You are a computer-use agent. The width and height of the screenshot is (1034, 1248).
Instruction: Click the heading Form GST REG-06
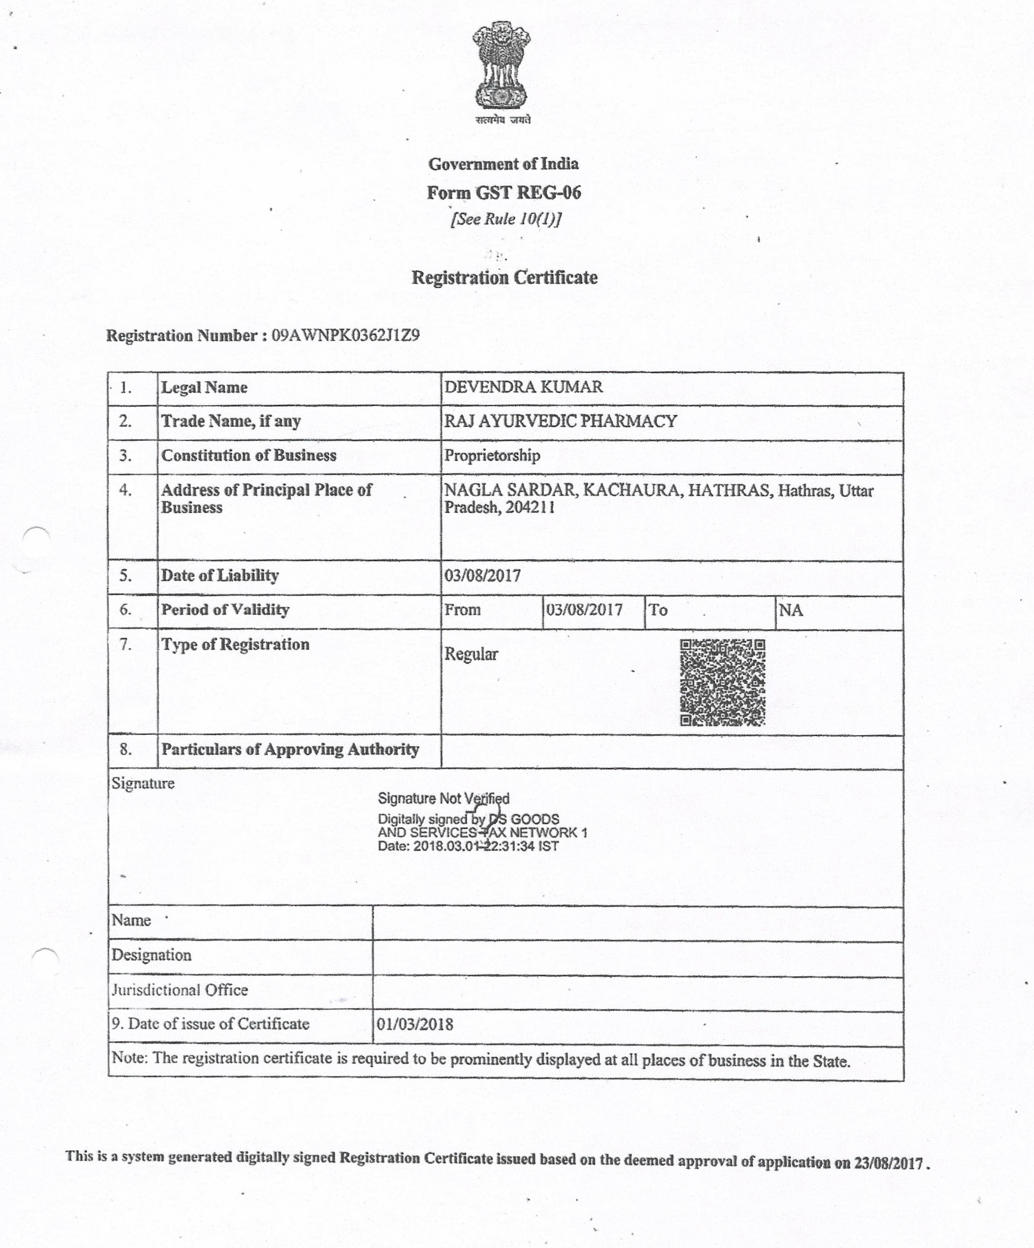[x=504, y=193]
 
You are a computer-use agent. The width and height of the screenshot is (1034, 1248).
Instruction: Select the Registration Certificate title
[x=504, y=277]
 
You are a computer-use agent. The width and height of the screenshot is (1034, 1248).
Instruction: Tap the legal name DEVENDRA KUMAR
[x=523, y=387]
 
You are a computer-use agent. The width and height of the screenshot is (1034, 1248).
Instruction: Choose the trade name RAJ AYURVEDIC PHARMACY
[x=560, y=421]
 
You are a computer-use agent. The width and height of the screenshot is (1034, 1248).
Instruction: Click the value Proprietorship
[x=492, y=456]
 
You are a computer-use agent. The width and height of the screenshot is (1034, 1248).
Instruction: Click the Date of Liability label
[x=220, y=575]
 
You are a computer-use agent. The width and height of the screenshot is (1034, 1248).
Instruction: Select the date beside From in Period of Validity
[x=584, y=610]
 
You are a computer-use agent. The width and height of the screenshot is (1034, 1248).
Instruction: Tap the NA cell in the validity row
[x=791, y=610]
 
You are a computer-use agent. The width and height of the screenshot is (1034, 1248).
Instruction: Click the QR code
[x=722, y=682]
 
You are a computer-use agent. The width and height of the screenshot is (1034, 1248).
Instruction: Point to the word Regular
[x=471, y=654]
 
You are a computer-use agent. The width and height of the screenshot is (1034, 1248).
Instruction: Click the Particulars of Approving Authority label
[x=290, y=749]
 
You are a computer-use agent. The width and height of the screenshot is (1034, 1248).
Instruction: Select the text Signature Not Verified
[x=443, y=799]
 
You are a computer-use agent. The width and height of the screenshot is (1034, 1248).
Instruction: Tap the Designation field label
[x=152, y=955]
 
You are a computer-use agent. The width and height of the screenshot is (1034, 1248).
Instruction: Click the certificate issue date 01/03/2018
[x=414, y=1025]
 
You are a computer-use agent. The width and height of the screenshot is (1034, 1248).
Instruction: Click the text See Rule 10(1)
[x=505, y=219]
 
